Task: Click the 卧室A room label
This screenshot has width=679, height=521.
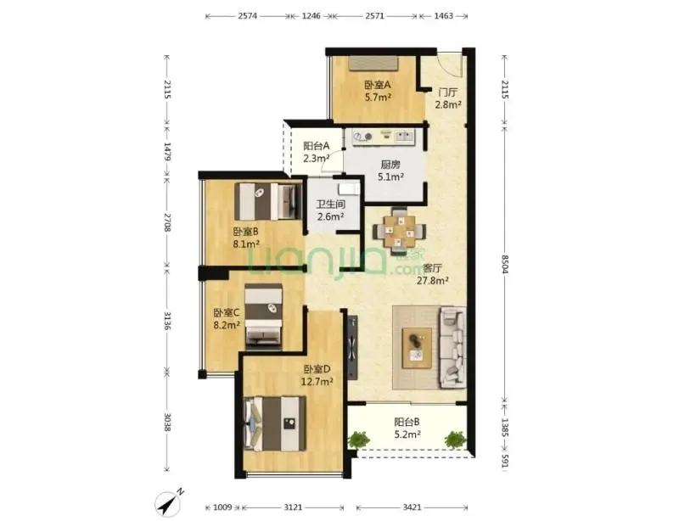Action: [x=378, y=85]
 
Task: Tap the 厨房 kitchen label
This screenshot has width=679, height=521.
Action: [x=390, y=165]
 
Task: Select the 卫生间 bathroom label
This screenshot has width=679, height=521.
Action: [x=330, y=204]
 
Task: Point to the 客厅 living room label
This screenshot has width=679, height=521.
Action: [x=432, y=268]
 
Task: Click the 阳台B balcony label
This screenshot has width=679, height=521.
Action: [x=407, y=422]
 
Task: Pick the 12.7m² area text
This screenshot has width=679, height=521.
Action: [x=317, y=382]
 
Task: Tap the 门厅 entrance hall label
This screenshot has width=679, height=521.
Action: [x=448, y=92]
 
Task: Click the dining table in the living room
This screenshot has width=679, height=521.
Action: [x=399, y=232]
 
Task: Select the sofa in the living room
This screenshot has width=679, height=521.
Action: [x=453, y=347]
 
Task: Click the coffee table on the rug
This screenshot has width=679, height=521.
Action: [x=417, y=348]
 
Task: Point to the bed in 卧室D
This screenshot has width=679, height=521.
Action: [x=275, y=424]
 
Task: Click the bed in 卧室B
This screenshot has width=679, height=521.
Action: [x=268, y=201]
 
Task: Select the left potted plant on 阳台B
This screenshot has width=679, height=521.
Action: [x=358, y=440]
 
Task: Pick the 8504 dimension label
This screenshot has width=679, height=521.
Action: [x=505, y=264]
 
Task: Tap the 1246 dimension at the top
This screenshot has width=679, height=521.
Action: [x=311, y=16]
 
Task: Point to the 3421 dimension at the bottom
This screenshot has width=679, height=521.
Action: [x=412, y=507]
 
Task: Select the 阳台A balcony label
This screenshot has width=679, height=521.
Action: [x=316, y=145]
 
